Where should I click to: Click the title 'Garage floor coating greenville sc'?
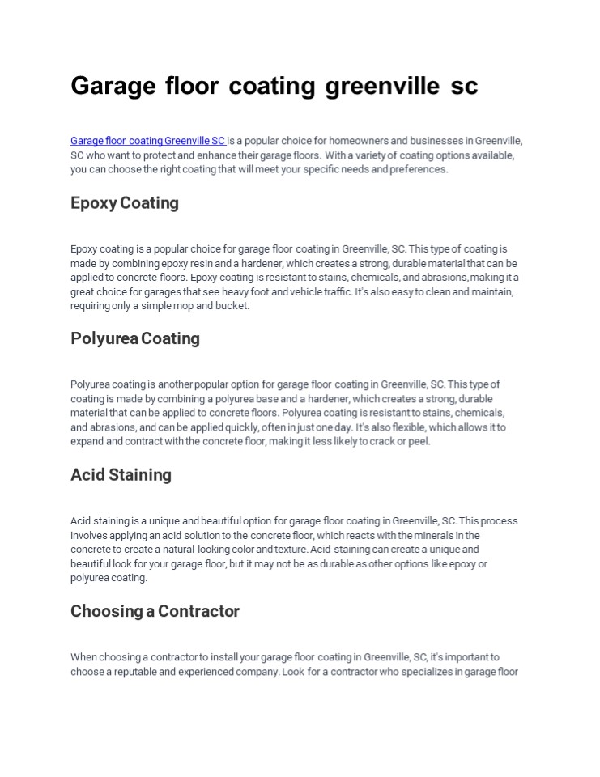coord(274,86)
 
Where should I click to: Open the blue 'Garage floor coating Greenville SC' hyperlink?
coord(147,141)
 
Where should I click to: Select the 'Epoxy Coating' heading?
coord(125,203)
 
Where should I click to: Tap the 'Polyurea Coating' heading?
coord(135,338)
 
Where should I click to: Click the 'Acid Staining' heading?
coord(121,475)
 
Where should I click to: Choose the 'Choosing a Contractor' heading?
coord(155,611)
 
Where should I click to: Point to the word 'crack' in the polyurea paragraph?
coord(384,441)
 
